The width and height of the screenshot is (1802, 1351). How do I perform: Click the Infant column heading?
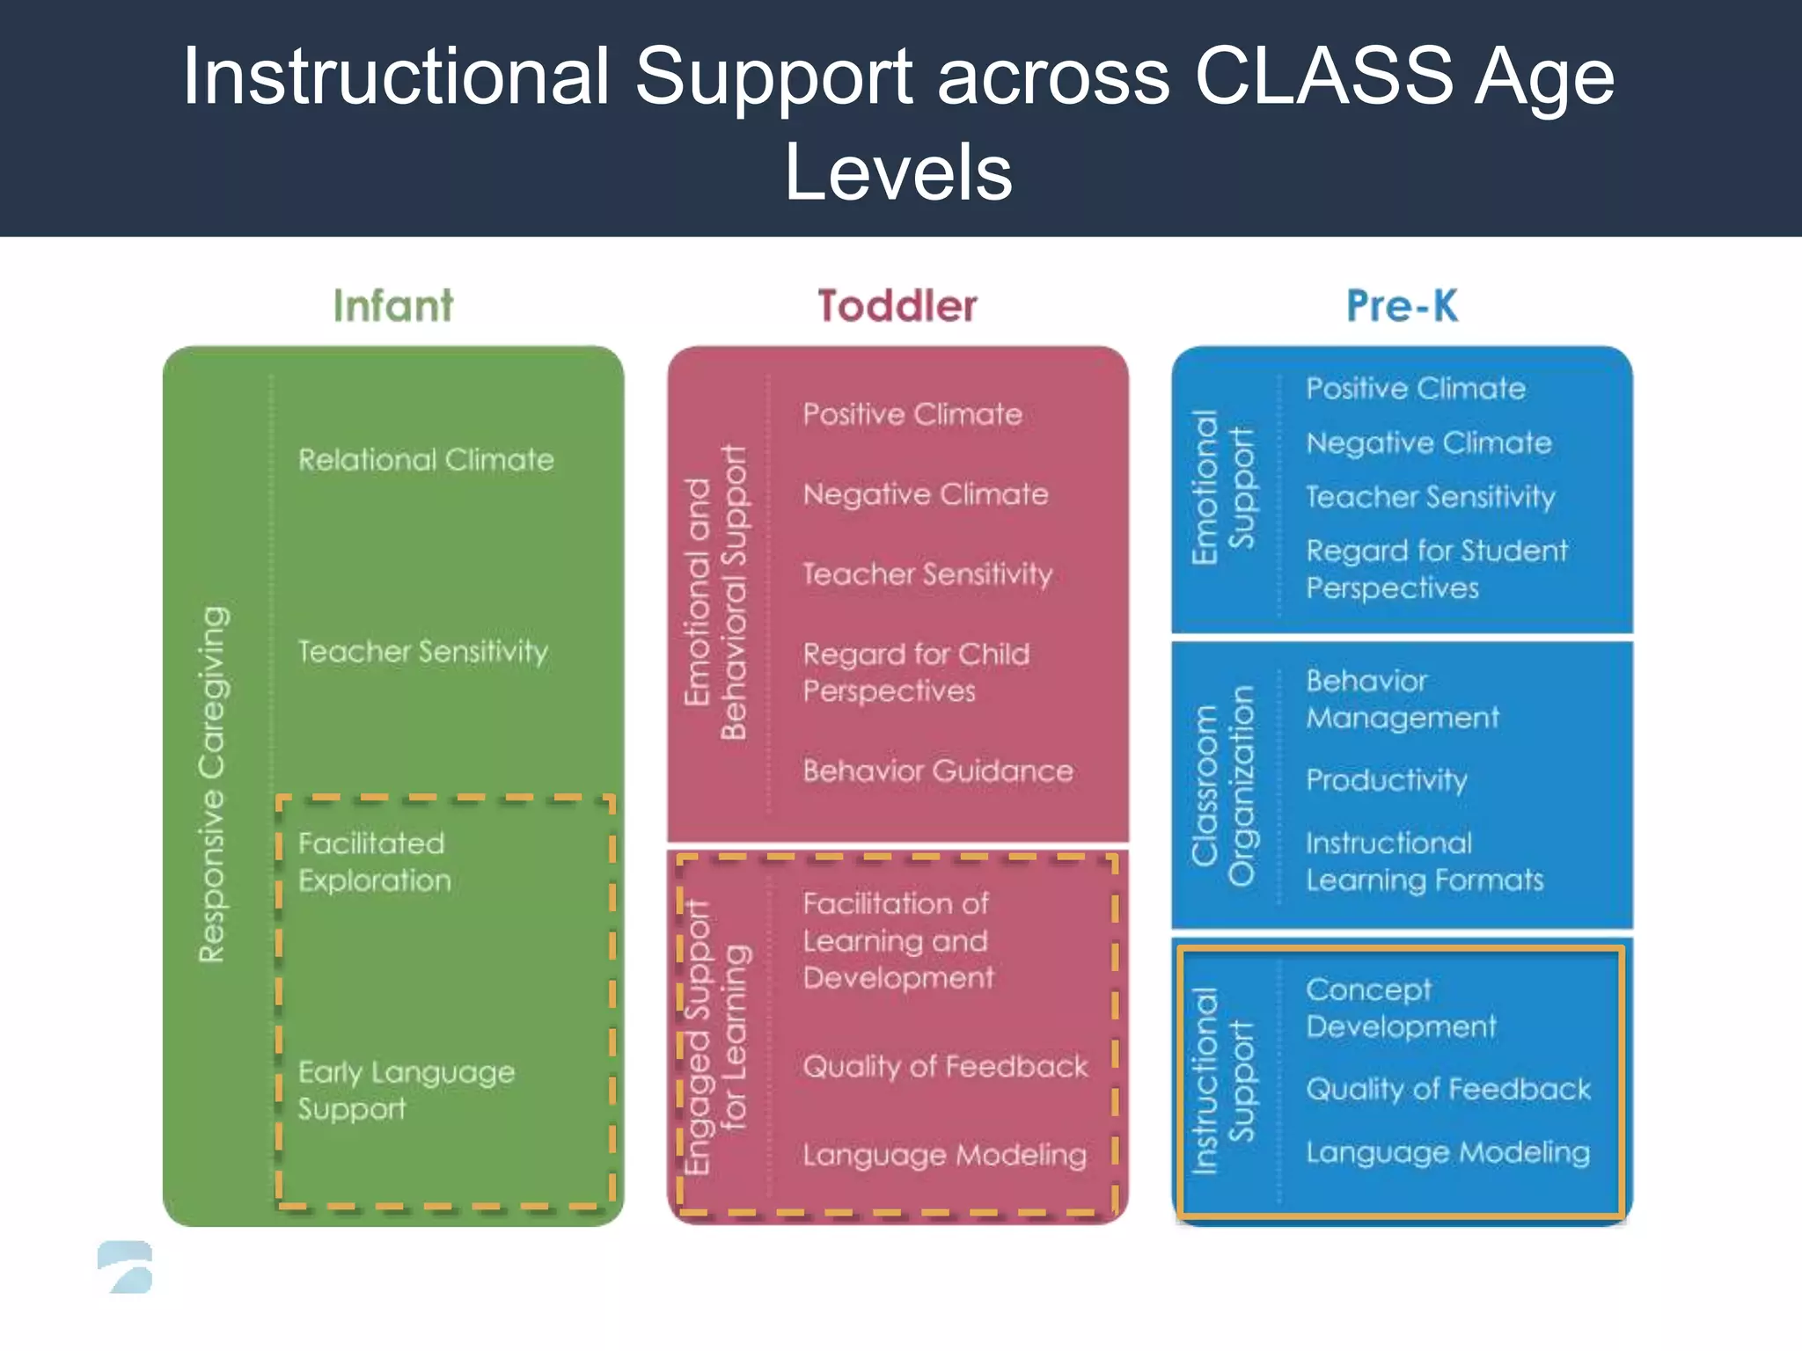click(x=392, y=306)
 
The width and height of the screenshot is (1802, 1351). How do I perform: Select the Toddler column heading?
click(x=897, y=306)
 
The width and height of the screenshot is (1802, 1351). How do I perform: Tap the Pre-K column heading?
click(x=1402, y=306)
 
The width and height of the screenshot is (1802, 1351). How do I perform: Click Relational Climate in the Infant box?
click(x=426, y=459)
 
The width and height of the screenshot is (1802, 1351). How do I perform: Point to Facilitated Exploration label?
click(x=374, y=862)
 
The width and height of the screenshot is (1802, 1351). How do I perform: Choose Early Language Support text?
click(x=406, y=1090)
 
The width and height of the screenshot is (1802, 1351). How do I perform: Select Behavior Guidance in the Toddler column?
click(x=937, y=771)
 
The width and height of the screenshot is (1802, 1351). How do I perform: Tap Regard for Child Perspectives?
click(x=915, y=672)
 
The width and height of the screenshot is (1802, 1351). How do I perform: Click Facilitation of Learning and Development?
click(x=897, y=940)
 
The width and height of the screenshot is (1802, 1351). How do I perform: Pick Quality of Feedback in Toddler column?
click(x=945, y=1067)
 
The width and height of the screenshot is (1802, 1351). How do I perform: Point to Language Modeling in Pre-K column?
click(x=1447, y=1152)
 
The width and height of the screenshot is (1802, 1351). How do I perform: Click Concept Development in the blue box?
click(x=1400, y=1008)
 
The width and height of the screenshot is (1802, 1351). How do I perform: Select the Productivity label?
click(x=1386, y=780)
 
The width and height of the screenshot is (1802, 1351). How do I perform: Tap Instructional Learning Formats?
click(x=1424, y=862)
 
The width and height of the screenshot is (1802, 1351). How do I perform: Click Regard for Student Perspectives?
click(x=1436, y=569)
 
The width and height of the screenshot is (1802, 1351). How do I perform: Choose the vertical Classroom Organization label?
click(x=1222, y=785)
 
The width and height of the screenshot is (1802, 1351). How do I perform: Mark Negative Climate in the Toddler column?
click(x=925, y=494)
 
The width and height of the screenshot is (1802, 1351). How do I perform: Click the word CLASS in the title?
click(x=1322, y=77)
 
